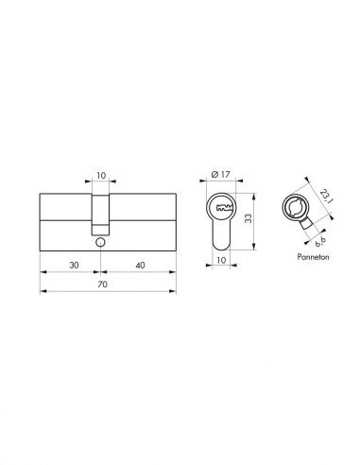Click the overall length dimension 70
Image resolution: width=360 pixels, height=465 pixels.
(x=103, y=284)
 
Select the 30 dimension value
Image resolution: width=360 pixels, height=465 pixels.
(x=74, y=266)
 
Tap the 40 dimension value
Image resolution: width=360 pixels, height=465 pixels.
(x=140, y=266)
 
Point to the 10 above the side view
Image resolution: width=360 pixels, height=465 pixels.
(x=101, y=175)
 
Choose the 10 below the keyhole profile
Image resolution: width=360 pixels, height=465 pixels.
(x=221, y=260)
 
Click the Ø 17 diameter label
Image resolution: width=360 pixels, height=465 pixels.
(x=221, y=174)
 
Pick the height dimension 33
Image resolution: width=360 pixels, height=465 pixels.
(x=249, y=218)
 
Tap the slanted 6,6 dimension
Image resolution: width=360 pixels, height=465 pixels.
(x=320, y=242)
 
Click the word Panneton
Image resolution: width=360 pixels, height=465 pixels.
(x=313, y=257)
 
